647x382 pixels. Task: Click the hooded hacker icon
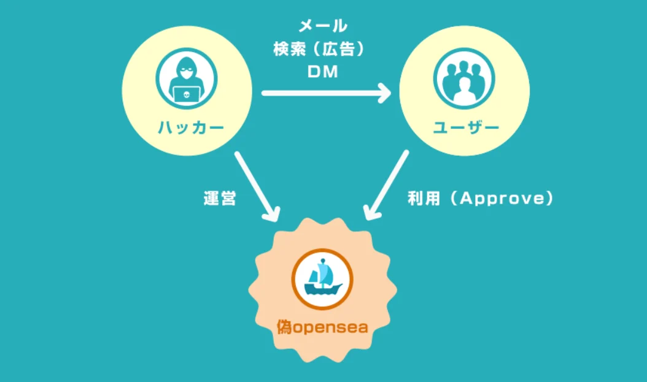click(x=187, y=78)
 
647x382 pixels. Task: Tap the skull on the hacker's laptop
click(x=187, y=95)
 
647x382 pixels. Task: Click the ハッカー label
click(x=191, y=128)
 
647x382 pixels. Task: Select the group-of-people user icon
click(x=464, y=78)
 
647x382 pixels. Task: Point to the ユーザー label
click(x=467, y=128)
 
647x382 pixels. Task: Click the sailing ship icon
click(x=322, y=279)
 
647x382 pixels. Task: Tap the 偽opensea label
click(x=322, y=327)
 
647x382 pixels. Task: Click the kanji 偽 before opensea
click(x=284, y=327)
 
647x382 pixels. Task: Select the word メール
click(x=323, y=26)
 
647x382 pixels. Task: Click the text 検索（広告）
click(x=319, y=50)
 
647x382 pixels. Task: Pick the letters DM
click(x=323, y=72)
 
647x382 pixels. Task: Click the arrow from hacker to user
click(x=327, y=93)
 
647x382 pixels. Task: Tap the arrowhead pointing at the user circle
click(x=384, y=93)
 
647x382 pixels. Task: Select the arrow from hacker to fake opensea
click(x=257, y=186)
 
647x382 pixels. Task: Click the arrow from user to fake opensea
click(x=387, y=185)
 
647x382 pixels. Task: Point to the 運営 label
click(x=220, y=198)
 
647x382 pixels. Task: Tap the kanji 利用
click(x=424, y=198)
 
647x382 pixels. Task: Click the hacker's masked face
click(x=187, y=74)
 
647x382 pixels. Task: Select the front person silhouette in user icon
click(x=464, y=91)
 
